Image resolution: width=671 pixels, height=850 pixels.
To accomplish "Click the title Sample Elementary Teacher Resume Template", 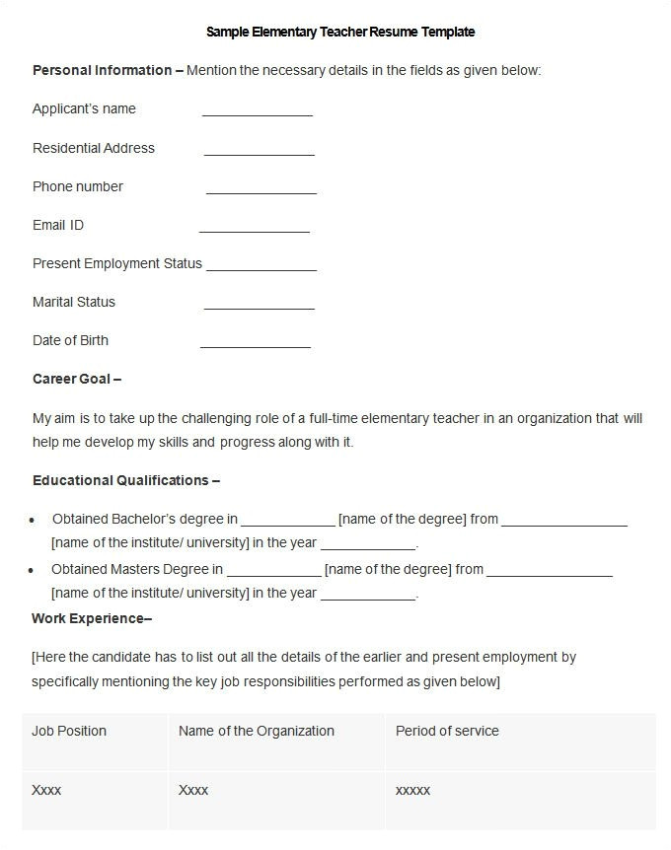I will click(x=339, y=32).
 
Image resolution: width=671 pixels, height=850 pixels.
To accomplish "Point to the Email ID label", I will click(x=58, y=225).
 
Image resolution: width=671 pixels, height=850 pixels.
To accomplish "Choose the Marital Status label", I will click(x=74, y=302).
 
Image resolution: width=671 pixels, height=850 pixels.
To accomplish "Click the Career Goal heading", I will click(x=77, y=379).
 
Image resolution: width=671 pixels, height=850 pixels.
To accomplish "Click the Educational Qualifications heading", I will click(x=125, y=480).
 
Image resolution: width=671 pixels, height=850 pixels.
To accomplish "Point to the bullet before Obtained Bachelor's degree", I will click(x=33, y=520).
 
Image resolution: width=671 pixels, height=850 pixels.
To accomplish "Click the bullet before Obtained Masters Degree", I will click(x=33, y=570).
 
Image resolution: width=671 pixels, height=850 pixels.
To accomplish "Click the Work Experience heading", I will click(x=92, y=618).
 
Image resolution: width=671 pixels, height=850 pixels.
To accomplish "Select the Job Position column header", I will click(x=69, y=731).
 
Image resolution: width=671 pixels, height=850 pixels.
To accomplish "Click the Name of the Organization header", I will click(x=257, y=731).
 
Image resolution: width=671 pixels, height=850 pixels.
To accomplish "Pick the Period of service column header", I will click(x=447, y=731).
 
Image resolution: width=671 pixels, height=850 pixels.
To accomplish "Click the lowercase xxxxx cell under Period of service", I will click(x=412, y=790).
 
